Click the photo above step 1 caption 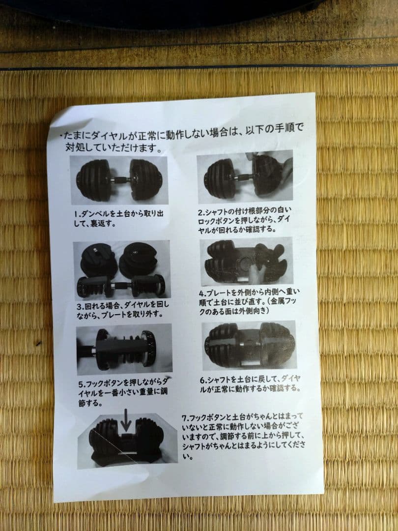point(118,179)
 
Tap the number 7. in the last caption point(185,417)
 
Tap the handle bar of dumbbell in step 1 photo point(120,179)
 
